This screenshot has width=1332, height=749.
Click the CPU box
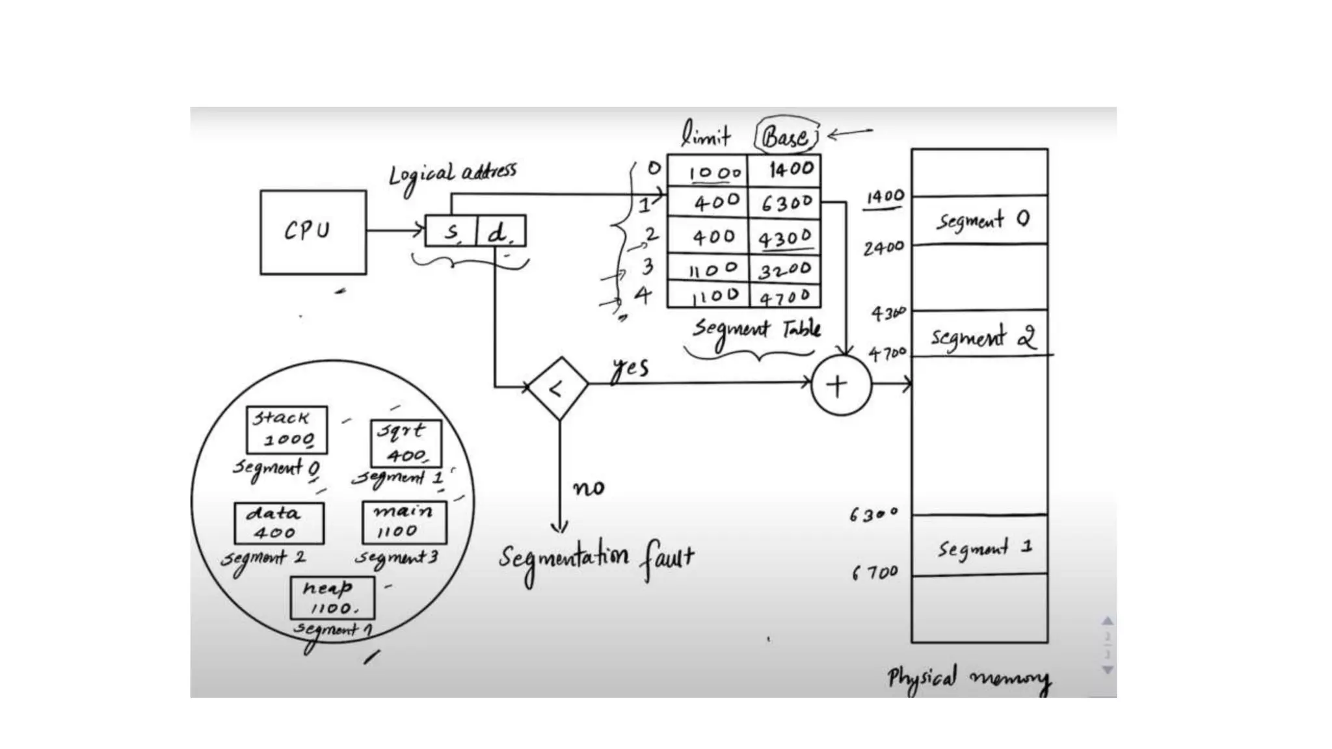coord(313,232)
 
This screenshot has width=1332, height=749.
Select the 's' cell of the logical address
coord(451,231)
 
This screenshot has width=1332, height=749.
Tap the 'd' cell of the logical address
coord(500,231)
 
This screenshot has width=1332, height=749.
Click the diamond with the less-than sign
coord(558,388)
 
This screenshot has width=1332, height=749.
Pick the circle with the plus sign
coord(840,386)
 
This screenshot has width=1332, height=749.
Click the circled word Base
coord(786,136)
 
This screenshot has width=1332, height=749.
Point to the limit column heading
coord(706,135)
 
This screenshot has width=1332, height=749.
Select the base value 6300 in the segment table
coord(786,204)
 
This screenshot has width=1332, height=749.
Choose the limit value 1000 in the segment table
coord(714,172)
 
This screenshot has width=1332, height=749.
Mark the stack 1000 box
coord(286,430)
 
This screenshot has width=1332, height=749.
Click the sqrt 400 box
coord(405,443)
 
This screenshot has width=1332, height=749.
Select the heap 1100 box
coord(332,598)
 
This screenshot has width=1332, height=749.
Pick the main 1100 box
coord(404,522)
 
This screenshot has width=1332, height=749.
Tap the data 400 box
coord(278,523)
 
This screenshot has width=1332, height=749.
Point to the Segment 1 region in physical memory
coord(979,545)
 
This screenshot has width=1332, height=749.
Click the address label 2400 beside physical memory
coord(883,248)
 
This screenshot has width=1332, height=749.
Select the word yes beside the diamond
coord(630,369)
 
